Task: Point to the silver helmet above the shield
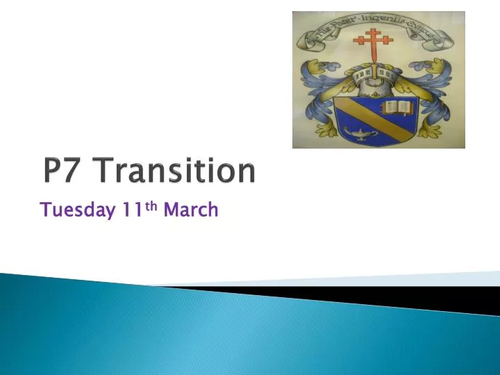click(376, 79)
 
